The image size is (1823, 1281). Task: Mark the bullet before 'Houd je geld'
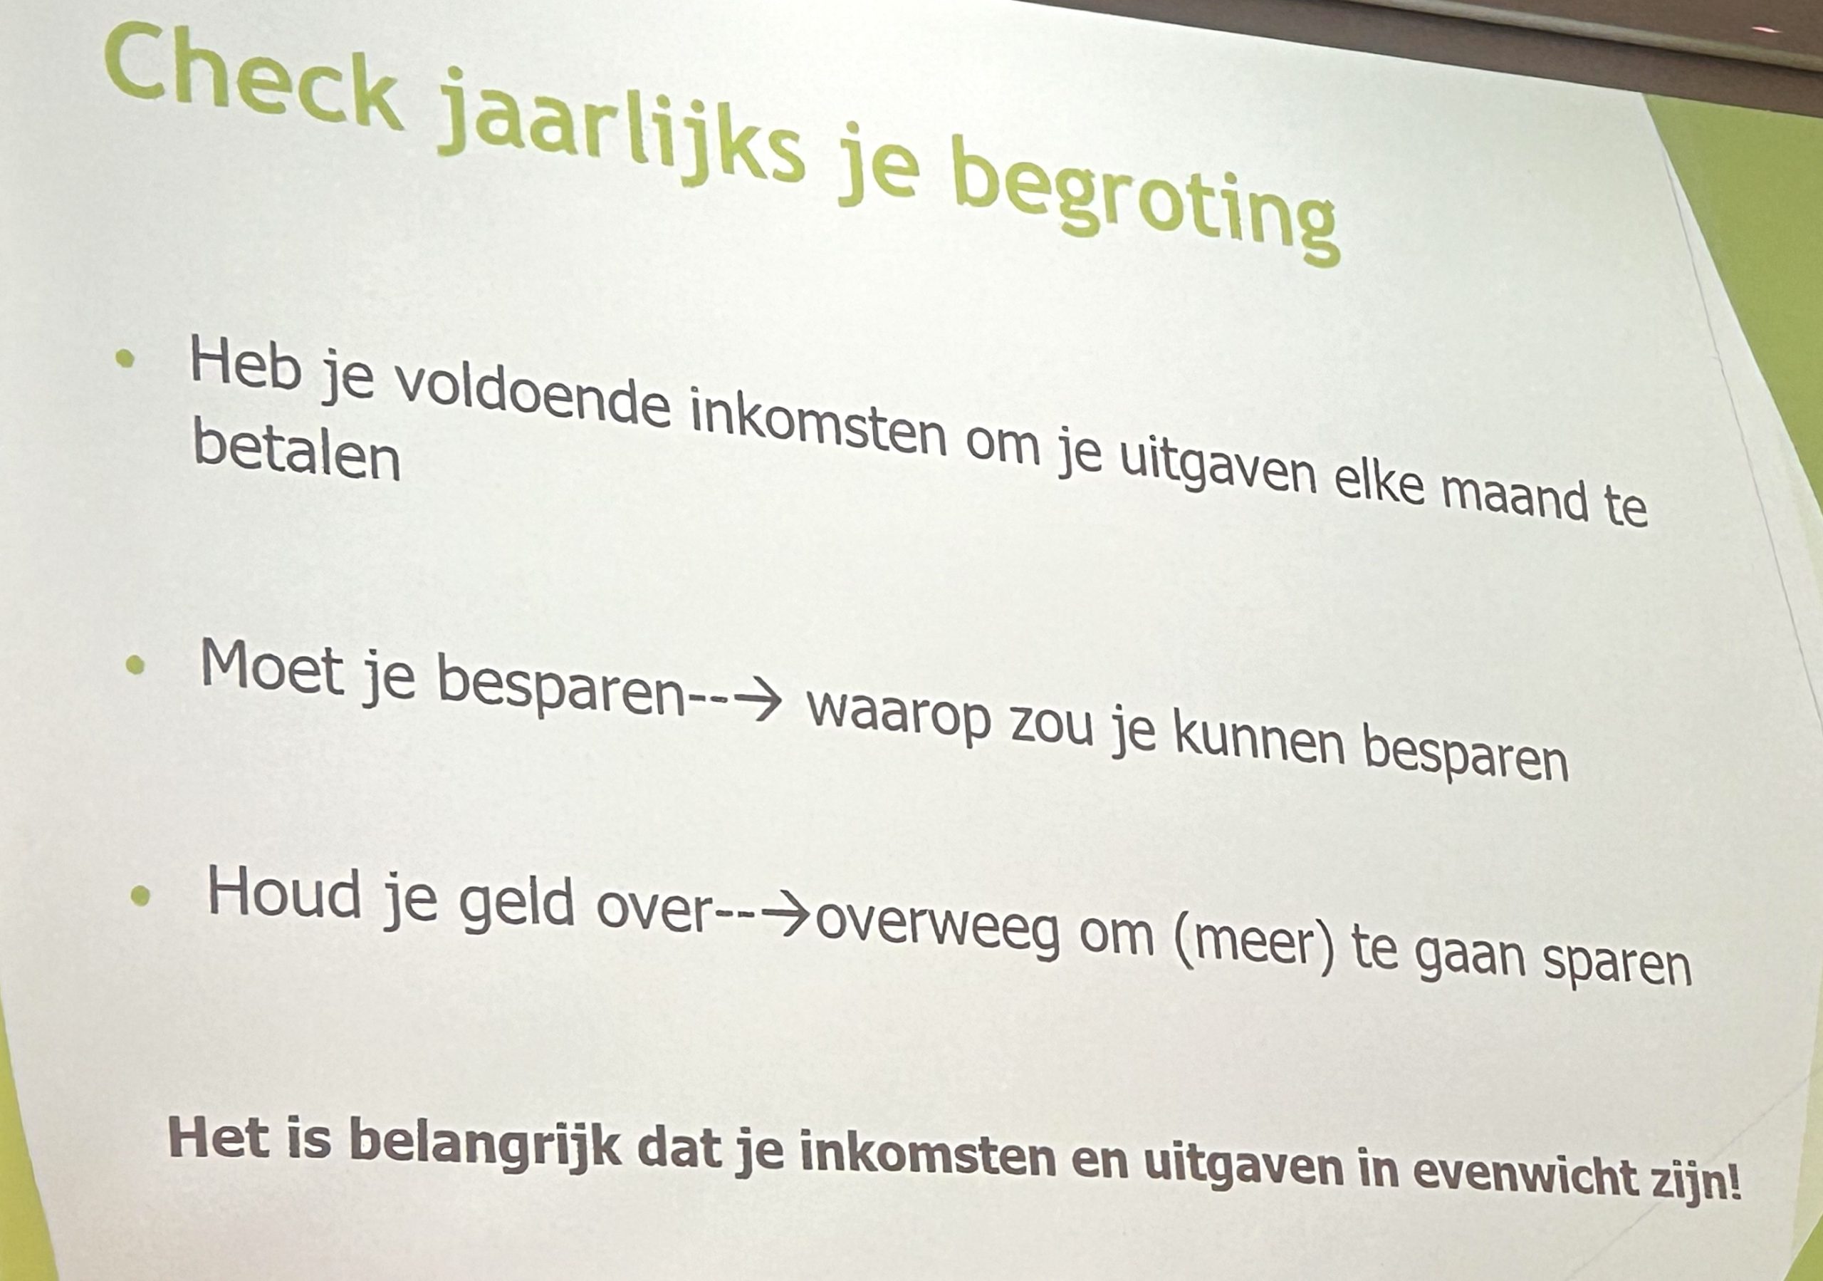(140, 896)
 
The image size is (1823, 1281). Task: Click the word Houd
(283, 893)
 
